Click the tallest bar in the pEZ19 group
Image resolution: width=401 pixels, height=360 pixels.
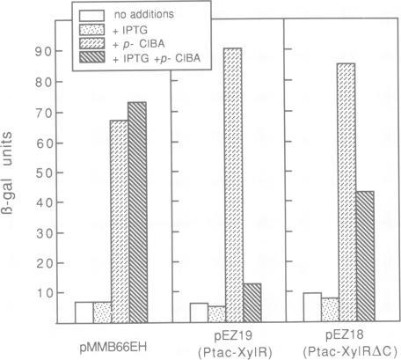pyautogui.click(x=234, y=185)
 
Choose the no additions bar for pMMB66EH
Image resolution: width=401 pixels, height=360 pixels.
pyautogui.click(x=83, y=312)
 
